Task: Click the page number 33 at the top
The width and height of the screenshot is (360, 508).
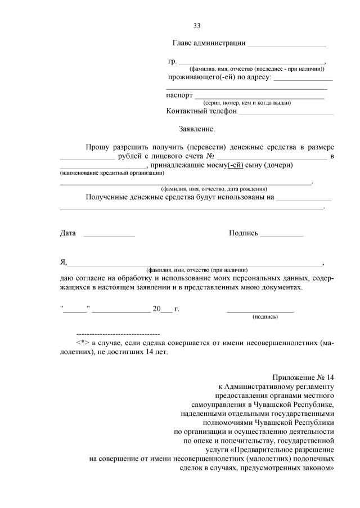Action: point(197,26)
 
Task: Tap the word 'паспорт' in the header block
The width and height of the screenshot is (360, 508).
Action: point(179,95)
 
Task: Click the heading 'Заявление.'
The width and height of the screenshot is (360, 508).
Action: point(197,129)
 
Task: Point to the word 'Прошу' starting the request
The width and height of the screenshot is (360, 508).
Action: point(97,147)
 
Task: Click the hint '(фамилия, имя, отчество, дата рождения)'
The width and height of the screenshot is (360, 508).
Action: point(214,189)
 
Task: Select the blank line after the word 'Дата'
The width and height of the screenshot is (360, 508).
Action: point(109,235)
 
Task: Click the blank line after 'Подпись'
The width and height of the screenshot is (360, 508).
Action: point(281,235)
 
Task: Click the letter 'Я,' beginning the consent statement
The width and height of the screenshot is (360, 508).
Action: point(64,262)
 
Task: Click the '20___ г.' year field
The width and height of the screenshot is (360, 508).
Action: point(165,309)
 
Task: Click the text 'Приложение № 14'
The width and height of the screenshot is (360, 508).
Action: point(304,377)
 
